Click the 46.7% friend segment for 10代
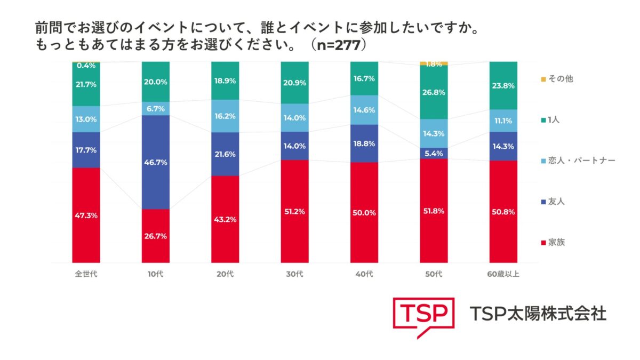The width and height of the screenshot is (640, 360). [156, 162]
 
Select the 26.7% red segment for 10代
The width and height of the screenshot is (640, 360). [156, 236]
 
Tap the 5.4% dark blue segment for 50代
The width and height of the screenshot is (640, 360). [434, 153]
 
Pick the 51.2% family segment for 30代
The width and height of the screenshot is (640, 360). [294, 211]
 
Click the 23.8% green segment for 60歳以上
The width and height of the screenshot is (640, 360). [503, 85]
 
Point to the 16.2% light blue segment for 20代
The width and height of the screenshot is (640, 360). [225, 116]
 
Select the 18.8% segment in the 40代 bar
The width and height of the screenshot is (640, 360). [364, 143]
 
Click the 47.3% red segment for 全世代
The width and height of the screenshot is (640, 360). [86, 215]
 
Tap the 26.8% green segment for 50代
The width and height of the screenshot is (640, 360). [434, 92]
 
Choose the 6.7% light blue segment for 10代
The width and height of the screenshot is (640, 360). [156, 108]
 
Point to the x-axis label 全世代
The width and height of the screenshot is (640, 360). [86, 275]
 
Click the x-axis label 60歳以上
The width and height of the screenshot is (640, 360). [503, 275]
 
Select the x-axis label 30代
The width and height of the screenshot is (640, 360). [294, 275]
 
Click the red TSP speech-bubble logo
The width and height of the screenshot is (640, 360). [423, 316]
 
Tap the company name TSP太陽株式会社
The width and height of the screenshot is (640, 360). [538, 314]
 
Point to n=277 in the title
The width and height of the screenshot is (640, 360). [338, 45]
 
